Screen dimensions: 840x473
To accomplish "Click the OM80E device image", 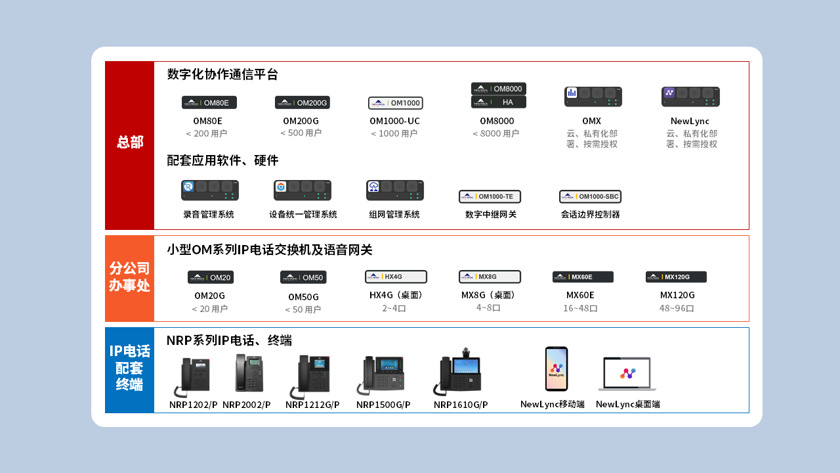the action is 209,102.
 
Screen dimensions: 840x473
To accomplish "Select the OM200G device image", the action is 303,102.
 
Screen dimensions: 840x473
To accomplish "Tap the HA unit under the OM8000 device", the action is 498,102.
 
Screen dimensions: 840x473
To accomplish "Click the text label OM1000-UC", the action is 394,121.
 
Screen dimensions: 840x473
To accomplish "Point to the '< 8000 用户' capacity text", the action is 495,133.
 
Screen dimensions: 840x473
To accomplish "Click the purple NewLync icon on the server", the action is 669,93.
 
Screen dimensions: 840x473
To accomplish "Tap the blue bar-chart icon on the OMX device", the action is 572,93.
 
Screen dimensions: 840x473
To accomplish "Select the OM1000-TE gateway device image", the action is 490,196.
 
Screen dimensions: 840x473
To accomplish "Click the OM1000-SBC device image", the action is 590,196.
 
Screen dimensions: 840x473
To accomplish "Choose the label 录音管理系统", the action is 209,214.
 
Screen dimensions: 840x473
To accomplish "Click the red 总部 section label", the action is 130,143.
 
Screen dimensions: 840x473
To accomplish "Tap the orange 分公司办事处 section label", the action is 129,277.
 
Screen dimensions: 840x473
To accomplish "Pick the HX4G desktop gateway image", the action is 396,277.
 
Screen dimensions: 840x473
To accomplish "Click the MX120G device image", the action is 676,277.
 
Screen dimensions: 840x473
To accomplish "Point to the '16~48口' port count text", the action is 580,308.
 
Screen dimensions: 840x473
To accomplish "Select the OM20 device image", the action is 211,277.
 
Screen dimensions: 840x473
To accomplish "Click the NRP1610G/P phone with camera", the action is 457,372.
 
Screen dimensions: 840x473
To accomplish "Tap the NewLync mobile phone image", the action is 556,369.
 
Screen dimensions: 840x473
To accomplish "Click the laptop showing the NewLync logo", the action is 627,374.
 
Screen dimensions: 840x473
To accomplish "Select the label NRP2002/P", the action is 246,405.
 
